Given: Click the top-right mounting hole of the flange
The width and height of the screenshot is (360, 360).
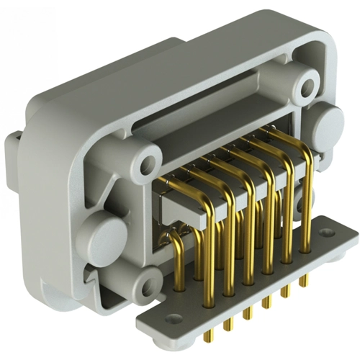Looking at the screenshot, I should (x=308, y=86).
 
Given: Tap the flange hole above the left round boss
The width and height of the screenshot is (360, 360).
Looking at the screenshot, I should (x=150, y=155).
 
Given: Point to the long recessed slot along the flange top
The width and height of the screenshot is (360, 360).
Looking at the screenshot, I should (x=216, y=108).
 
